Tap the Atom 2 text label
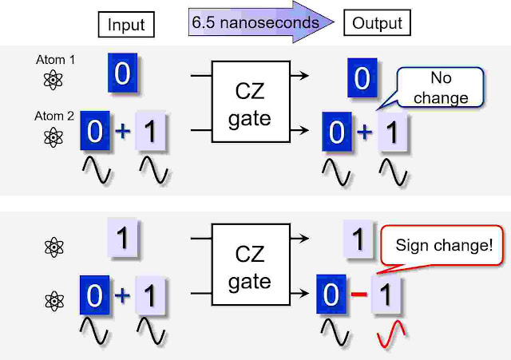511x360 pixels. [55, 117]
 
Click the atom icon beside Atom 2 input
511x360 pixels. [53, 136]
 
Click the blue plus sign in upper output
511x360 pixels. [363, 131]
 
